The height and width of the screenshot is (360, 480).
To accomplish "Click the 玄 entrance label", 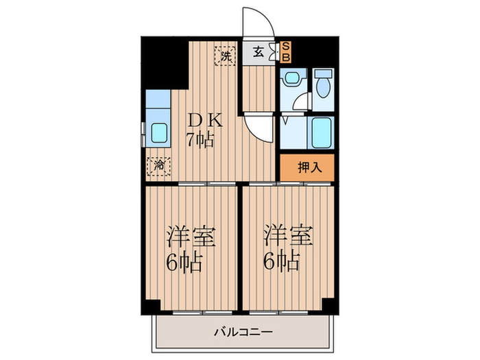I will click(x=258, y=51).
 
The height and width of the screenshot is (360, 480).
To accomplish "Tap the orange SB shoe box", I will click(x=287, y=51).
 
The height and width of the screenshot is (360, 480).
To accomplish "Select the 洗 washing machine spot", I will click(x=224, y=56).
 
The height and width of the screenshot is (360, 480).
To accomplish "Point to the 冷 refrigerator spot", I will click(x=158, y=165).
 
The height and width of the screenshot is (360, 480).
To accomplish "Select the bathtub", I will click(x=321, y=132).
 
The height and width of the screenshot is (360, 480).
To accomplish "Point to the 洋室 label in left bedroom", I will click(x=191, y=238).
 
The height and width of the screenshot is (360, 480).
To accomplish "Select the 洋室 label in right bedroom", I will click(x=289, y=238).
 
